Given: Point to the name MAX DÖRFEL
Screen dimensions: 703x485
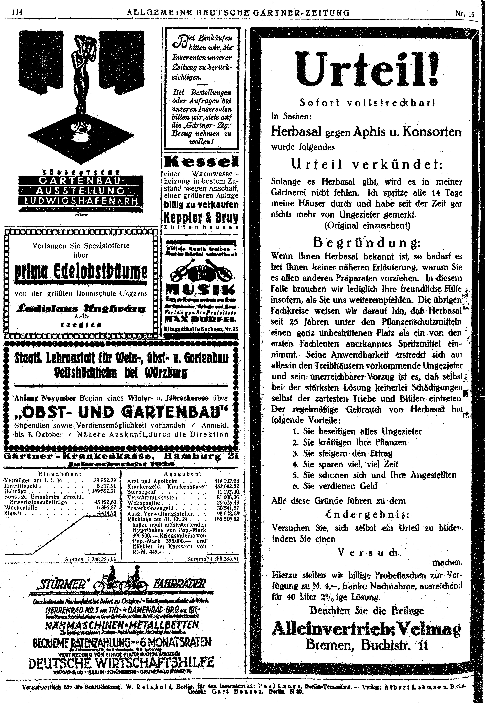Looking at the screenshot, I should (x=200, y=320).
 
